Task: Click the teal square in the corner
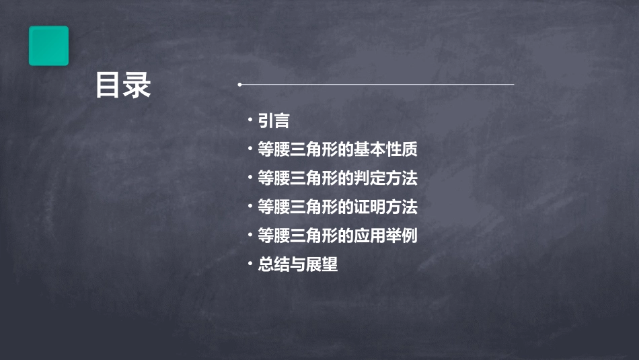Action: [48, 46]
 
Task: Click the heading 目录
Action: [123, 86]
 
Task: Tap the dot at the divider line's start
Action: [239, 85]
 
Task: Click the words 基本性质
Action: [395, 149]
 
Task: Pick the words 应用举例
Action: [395, 236]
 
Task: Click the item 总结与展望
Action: [297, 264]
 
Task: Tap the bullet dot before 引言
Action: [250, 119]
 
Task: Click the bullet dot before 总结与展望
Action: [250, 262]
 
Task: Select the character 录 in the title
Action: [137, 86]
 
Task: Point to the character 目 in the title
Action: [108, 86]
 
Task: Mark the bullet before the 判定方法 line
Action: [250, 176]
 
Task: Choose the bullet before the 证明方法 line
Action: [250, 205]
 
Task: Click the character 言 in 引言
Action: [282, 121]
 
